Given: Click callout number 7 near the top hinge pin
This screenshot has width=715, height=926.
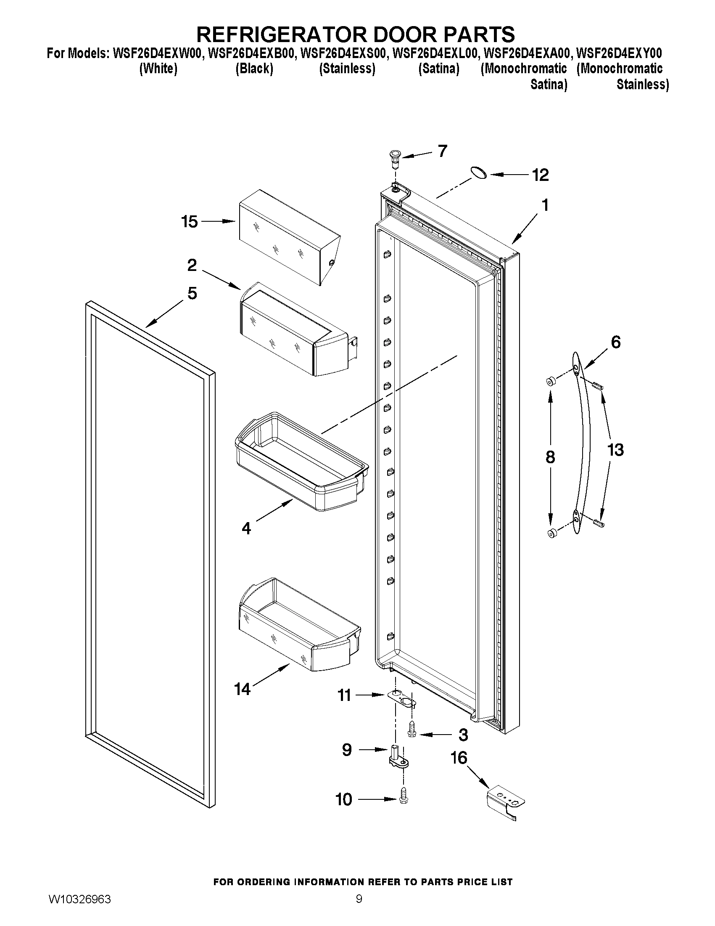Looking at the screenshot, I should pos(442,151).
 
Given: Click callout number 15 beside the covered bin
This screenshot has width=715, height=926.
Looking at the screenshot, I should pos(189,221).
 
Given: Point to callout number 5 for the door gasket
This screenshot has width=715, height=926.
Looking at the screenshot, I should pos(192,293).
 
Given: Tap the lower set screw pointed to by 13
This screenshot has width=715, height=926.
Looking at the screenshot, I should pos(599,524).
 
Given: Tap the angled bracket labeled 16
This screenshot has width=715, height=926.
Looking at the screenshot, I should pos(506,801).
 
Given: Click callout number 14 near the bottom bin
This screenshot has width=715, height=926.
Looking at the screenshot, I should pos(243,689).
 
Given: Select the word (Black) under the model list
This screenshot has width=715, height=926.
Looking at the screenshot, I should pos(254,68).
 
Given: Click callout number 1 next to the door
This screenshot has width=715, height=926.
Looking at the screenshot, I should pos(545,205).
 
